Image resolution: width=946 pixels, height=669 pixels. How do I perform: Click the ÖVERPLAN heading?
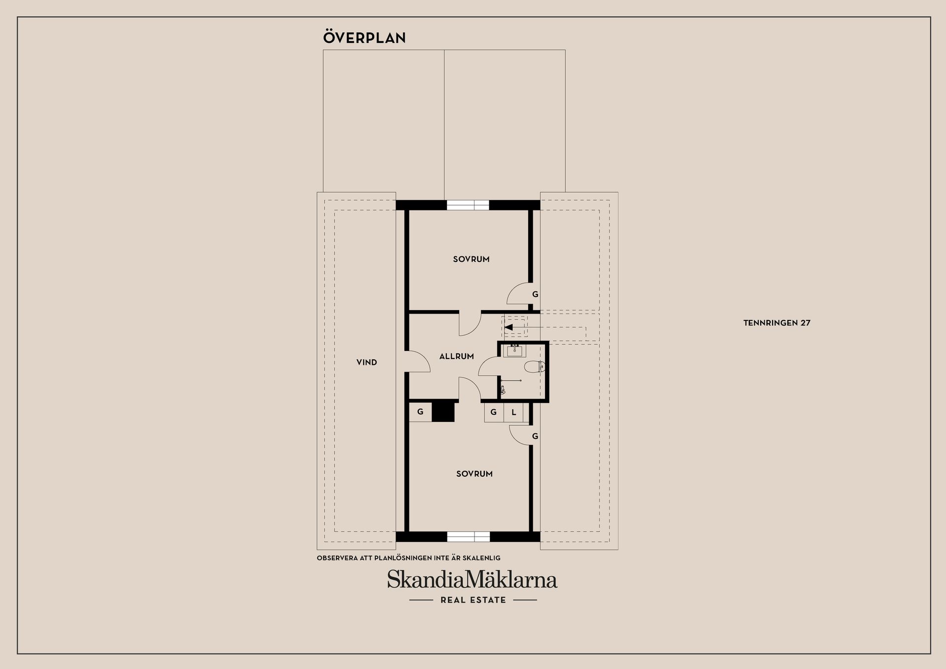pos(364,37)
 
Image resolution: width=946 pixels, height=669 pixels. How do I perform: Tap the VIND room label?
pos(367,362)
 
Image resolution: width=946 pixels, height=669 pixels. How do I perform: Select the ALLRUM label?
pos(456,356)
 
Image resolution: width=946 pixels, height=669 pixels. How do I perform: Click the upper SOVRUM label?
pos(471,259)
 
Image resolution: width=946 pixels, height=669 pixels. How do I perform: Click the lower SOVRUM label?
pos(474,474)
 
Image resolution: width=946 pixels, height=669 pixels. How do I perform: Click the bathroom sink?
pos(514,351)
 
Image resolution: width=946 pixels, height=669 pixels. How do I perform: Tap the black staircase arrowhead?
pos(508,327)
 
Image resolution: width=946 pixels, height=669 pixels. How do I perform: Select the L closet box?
pos(513,413)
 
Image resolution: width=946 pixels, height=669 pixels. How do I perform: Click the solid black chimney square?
pos(443,412)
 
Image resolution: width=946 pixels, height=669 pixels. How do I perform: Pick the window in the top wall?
pos(468,205)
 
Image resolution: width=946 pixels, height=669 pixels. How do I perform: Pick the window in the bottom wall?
pos(469,537)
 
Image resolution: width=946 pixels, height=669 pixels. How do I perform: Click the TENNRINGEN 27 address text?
pos(777,323)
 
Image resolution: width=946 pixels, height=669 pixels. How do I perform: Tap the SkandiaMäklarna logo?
pos(472,579)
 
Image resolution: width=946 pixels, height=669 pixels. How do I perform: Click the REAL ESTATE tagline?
pos(473,600)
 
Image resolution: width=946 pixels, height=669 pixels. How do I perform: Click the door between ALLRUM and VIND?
pos(418,361)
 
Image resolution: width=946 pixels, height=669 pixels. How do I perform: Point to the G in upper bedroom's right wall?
pos(535,294)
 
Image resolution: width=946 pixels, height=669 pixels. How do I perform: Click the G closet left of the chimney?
pos(420,412)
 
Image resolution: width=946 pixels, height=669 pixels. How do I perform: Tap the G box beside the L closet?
pos(494,413)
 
